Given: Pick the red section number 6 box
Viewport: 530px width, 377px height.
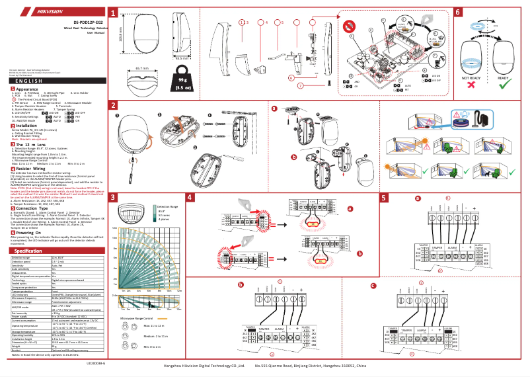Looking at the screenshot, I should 458,13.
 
